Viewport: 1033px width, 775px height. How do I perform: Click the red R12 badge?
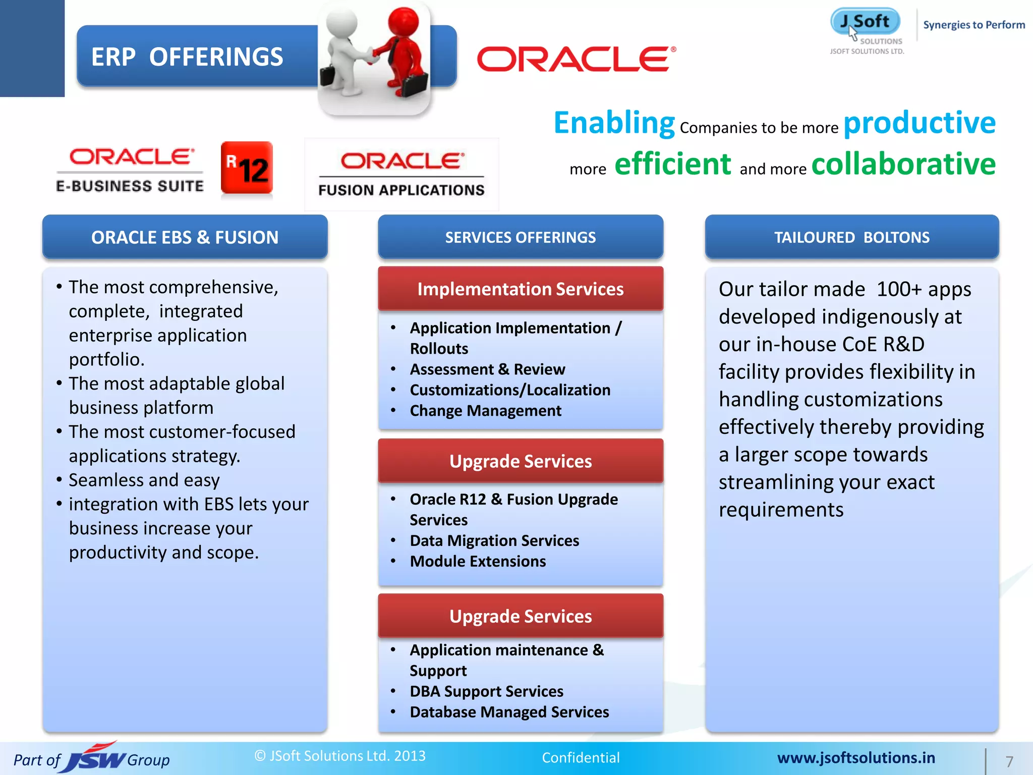coord(247,168)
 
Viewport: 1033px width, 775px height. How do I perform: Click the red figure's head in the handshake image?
coord(404,23)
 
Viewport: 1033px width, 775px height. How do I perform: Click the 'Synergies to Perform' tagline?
coord(973,25)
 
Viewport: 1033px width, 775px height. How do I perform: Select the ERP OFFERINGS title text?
coord(187,57)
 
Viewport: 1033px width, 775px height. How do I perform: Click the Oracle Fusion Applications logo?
coord(401,174)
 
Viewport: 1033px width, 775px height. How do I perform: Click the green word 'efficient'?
coord(672,164)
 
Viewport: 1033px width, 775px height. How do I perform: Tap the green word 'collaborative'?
coord(903,164)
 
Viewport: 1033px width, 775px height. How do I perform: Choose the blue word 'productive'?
coord(920,123)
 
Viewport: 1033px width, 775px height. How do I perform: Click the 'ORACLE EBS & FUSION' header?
coord(185,237)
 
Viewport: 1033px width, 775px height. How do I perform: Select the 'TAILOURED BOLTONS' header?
coord(851,237)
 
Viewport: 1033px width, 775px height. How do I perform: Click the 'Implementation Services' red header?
coord(520,289)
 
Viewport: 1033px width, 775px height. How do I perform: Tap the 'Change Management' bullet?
coord(485,411)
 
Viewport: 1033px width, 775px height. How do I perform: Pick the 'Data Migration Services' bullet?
coord(494,540)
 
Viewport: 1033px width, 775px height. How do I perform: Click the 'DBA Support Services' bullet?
coord(486,691)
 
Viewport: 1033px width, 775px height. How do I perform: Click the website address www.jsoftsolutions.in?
coord(856,758)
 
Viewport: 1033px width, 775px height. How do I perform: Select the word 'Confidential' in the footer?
coord(581,757)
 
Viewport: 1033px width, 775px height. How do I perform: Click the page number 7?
coord(1009,761)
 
